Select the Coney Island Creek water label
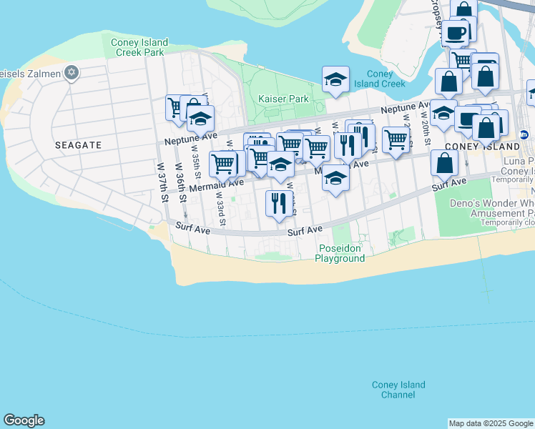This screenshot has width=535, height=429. [386, 79]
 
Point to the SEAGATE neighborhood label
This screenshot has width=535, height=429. [78, 144]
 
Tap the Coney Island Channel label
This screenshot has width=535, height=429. [398, 390]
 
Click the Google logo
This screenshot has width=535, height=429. [24, 420]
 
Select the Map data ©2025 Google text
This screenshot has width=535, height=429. [491, 423]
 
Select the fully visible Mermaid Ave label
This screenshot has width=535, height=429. [212, 185]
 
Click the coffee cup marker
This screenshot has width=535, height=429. [455, 32]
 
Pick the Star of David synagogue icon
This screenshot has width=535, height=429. [71, 72]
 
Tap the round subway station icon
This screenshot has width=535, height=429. [524, 134]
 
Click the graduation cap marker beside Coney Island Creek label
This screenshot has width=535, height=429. [335, 80]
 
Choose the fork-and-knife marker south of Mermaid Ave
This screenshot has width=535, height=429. [278, 203]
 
